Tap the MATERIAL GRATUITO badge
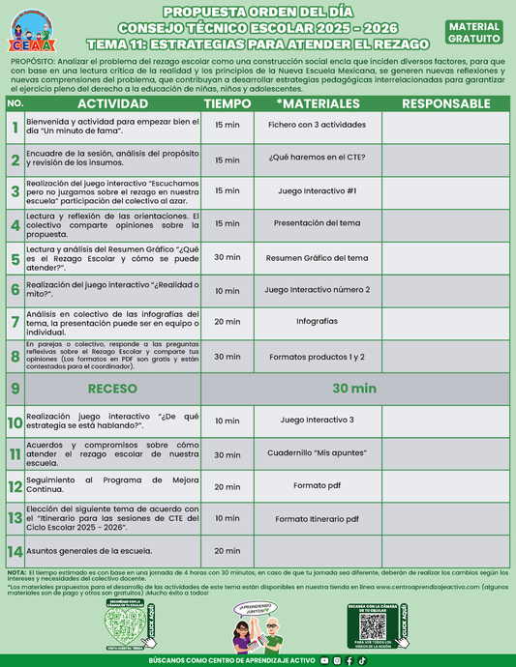(x=474, y=32)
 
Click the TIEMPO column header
(x=228, y=103)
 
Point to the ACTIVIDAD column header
(x=112, y=103)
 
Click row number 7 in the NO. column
(x=15, y=322)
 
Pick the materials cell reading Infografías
(x=317, y=322)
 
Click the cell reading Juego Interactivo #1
(x=317, y=190)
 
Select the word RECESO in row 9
(x=112, y=389)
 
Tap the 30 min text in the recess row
(x=353, y=389)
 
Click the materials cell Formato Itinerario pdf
(x=317, y=519)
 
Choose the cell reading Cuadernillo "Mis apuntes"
(x=317, y=453)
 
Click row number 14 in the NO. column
(x=15, y=551)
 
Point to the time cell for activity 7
(x=228, y=322)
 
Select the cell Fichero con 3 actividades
(x=317, y=126)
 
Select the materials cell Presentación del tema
(x=317, y=223)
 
